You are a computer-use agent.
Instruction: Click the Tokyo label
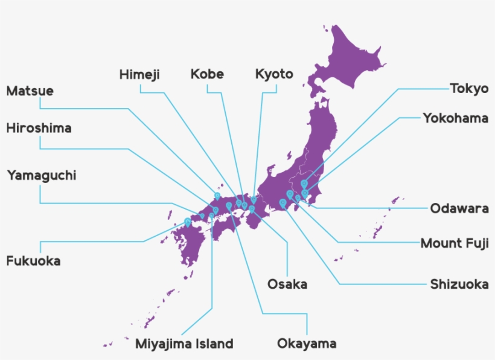click(x=469, y=89)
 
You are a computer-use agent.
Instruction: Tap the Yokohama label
click(x=455, y=118)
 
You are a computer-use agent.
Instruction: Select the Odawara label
click(x=459, y=209)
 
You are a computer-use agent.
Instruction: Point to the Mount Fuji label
click(x=455, y=243)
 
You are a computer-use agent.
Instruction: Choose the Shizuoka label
click(x=459, y=284)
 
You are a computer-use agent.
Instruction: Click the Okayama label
click(x=307, y=344)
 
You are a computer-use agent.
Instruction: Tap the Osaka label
click(x=287, y=284)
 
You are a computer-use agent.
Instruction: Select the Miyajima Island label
click(x=184, y=344)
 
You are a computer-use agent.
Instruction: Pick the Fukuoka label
click(x=33, y=262)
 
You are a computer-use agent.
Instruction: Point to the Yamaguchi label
click(x=42, y=175)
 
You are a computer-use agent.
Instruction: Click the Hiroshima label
click(x=39, y=128)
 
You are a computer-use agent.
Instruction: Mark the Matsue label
click(x=30, y=91)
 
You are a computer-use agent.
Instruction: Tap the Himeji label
click(x=139, y=74)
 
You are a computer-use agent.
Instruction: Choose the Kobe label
click(x=207, y=74)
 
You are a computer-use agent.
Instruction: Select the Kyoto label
click(x=274, y=74)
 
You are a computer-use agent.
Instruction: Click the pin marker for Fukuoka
click(x=188, y=222)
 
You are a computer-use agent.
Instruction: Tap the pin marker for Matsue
click(x=217, y=196)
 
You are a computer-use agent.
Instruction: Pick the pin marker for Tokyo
click(x=304, y=184)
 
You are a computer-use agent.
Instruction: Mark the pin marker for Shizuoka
click(x=283, y=202)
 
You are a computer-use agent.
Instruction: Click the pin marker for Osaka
click(x=252, y=209)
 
